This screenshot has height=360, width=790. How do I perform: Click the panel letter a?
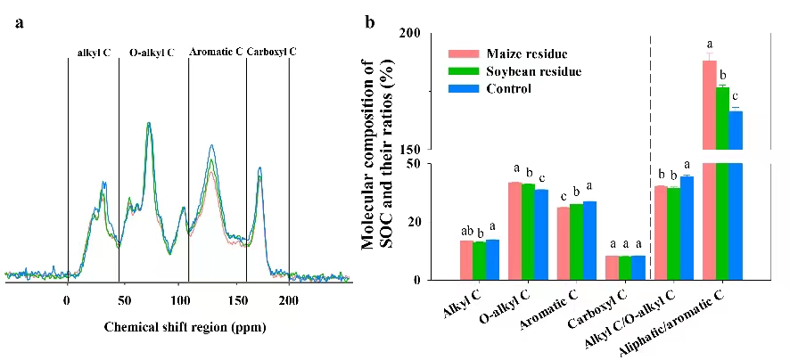click(x=19, y=24)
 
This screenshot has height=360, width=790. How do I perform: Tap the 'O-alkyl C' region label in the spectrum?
click(x=152, y=53)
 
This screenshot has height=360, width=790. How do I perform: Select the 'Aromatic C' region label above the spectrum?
click(x=216, y=53)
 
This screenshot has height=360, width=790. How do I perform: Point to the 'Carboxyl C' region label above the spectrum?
click(x=271, y=53)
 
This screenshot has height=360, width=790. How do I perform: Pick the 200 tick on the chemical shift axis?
click(x=289, y=301)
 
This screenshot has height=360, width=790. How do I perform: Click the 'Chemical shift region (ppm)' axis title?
click(x=185, y=327)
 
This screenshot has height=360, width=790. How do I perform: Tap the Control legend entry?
click(x=509, y=88)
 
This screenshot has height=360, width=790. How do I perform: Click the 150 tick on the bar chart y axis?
click(x=410, y=150)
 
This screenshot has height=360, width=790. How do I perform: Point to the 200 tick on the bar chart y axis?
click(x=410, y=33)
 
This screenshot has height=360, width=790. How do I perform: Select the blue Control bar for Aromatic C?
click(x=589, y=241)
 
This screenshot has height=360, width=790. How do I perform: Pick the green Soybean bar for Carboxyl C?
click(x=625, y=268)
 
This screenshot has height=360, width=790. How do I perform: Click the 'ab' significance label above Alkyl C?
click(x=466, y=230)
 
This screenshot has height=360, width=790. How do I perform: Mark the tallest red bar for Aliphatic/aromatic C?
click(x=710, y=169)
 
